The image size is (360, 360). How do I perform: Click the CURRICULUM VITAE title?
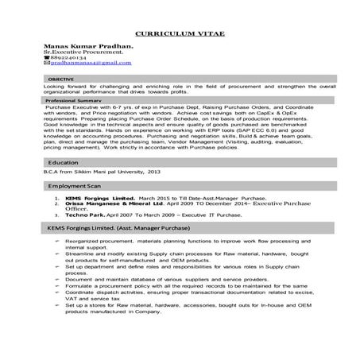pyautogui.click(x=179, y=36)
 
